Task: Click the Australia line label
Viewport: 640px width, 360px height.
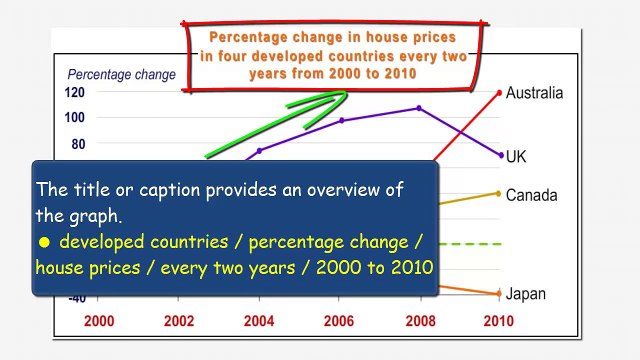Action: coord(534,93)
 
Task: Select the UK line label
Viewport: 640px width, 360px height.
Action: coord(516,157)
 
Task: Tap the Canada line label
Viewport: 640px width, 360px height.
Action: coord(531,195)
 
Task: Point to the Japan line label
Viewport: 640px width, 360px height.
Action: coord(526,294)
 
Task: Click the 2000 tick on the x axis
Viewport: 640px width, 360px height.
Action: coord(99,321)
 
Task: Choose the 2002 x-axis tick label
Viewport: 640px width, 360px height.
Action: coord(179,321)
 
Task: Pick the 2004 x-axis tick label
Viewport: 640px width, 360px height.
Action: coord(259,321)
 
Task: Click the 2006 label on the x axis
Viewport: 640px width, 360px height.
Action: coord(339,321)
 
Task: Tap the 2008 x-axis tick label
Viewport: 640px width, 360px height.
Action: coord(419,321)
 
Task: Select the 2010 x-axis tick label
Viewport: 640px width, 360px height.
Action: coord(498,321)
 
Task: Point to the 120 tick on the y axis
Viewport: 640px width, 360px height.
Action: coord(75,92)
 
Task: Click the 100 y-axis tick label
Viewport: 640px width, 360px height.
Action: coord(75,117)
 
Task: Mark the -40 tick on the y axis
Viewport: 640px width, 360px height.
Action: coord(75,298)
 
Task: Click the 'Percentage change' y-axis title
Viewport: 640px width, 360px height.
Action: coord(121,74)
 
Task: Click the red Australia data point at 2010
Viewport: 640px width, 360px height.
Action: coord(499,93)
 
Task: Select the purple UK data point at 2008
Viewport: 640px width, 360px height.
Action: coord(419,108)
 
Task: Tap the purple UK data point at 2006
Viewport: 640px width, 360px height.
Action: coord(341,120)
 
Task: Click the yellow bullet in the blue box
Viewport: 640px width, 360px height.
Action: coord(44,243)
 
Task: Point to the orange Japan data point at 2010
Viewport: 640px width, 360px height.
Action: coord(499,293)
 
